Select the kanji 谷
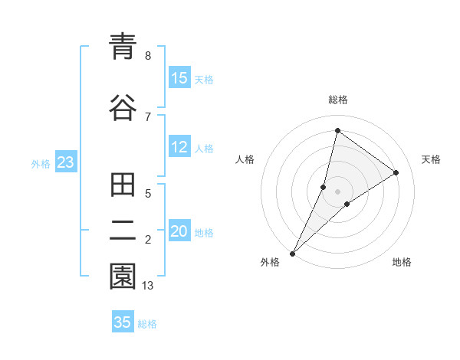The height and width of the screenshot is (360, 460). (x=123, y=106)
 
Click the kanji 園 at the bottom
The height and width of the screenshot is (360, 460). (x=123, y=277)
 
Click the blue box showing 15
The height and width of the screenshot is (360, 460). (x=179, y=78)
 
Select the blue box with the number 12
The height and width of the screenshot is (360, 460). (x=179, y=148)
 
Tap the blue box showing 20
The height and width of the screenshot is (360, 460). (x=179, y=232)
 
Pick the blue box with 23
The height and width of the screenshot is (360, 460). (x=65, y=163)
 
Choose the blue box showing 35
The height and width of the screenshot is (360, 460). (x=123, y=322)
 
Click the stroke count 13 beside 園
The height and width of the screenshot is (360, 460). (x=148, y=286)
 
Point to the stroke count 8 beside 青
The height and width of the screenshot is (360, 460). (x=148, y=56)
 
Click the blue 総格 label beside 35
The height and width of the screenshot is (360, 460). (x=147, y=324)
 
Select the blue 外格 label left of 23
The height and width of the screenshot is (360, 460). (x=41, y=164)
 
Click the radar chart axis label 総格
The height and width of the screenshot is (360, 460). (x=338, y=100)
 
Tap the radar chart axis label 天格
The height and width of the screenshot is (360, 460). (x=431, y=159)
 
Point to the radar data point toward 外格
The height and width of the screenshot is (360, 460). (x=293, y=253)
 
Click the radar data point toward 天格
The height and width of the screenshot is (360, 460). (x=396, y=173)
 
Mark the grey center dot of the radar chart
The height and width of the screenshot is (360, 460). (x=338, y=191)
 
